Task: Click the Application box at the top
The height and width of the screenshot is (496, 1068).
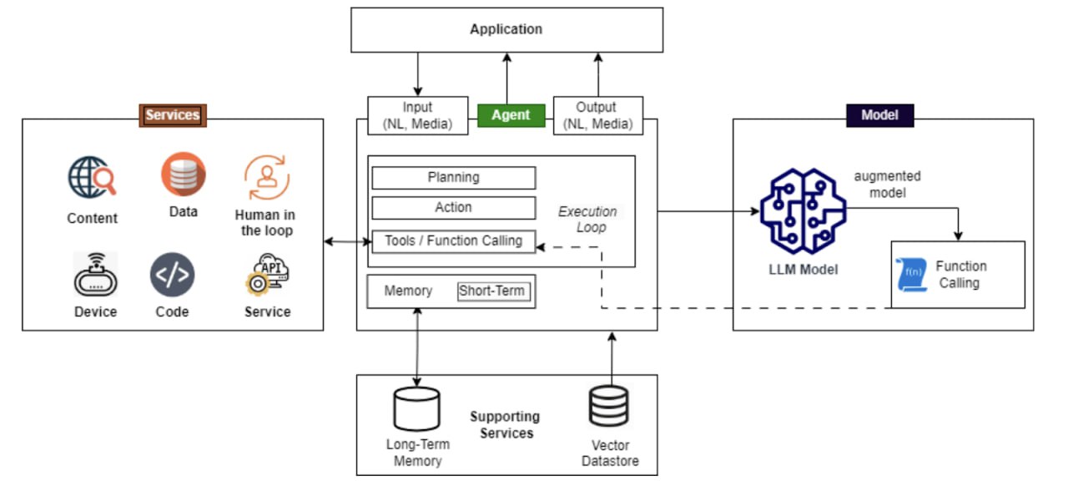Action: (x=506, y=30)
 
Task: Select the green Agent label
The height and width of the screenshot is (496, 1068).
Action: (x=511, y=115)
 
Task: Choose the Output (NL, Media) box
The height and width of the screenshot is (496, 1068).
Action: (x=597, y=116)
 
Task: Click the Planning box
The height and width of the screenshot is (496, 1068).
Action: (x=453, y=178)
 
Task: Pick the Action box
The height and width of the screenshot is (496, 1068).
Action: (x=453, y=208)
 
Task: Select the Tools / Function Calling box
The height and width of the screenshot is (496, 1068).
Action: (x=453, y=241)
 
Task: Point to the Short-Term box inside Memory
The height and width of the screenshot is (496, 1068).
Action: (x=494, y=292)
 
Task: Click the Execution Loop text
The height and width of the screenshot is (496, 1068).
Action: (x=587, y=220)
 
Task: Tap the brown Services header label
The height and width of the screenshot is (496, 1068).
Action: (x=172, y=115)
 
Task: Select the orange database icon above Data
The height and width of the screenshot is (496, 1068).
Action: (x=184, y=174)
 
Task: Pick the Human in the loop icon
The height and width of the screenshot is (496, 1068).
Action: (x=267, y=177)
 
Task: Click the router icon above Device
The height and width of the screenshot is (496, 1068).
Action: (x=95, y=276)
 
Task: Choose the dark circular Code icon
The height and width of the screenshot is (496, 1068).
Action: (x=172, y=276)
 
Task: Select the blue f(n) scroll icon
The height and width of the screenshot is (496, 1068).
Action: (x=912, y=275)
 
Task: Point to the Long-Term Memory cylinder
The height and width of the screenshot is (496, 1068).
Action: (x=416, y=409)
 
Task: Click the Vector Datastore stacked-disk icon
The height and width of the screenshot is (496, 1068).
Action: (x=608, y=407)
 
